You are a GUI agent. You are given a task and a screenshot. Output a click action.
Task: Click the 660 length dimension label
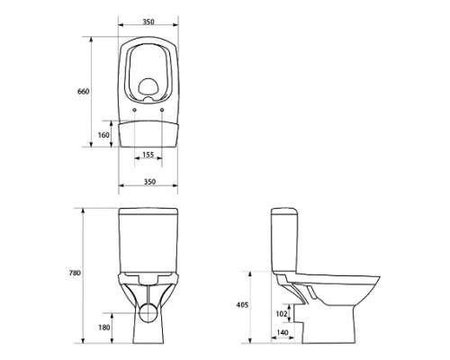pos(84,92)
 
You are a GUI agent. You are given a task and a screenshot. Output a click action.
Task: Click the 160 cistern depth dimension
pos(103,135)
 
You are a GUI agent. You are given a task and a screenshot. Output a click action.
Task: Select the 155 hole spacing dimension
pos(148,155)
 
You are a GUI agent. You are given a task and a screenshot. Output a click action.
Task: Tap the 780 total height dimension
pos(75,273)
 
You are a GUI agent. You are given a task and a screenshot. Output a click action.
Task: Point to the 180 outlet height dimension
pos(104,328)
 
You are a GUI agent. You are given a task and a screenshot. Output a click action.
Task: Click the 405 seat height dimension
pos(242,305)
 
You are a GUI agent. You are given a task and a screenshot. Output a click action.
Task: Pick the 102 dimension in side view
pos(282,313)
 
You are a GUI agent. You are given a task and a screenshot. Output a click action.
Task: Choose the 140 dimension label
pos(283,332)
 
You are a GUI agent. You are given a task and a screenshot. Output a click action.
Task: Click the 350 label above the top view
pos(148,22)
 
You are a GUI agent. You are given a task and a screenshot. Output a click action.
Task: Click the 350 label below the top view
pos(149,182)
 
